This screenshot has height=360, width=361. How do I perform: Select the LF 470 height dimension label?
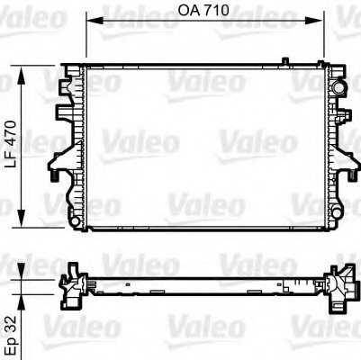[11, 148]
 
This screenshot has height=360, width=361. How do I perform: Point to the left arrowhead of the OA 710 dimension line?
[89, 21]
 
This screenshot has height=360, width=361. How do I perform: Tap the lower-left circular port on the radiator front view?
[73, 213]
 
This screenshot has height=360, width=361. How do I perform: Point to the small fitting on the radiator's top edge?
[284, 61]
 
